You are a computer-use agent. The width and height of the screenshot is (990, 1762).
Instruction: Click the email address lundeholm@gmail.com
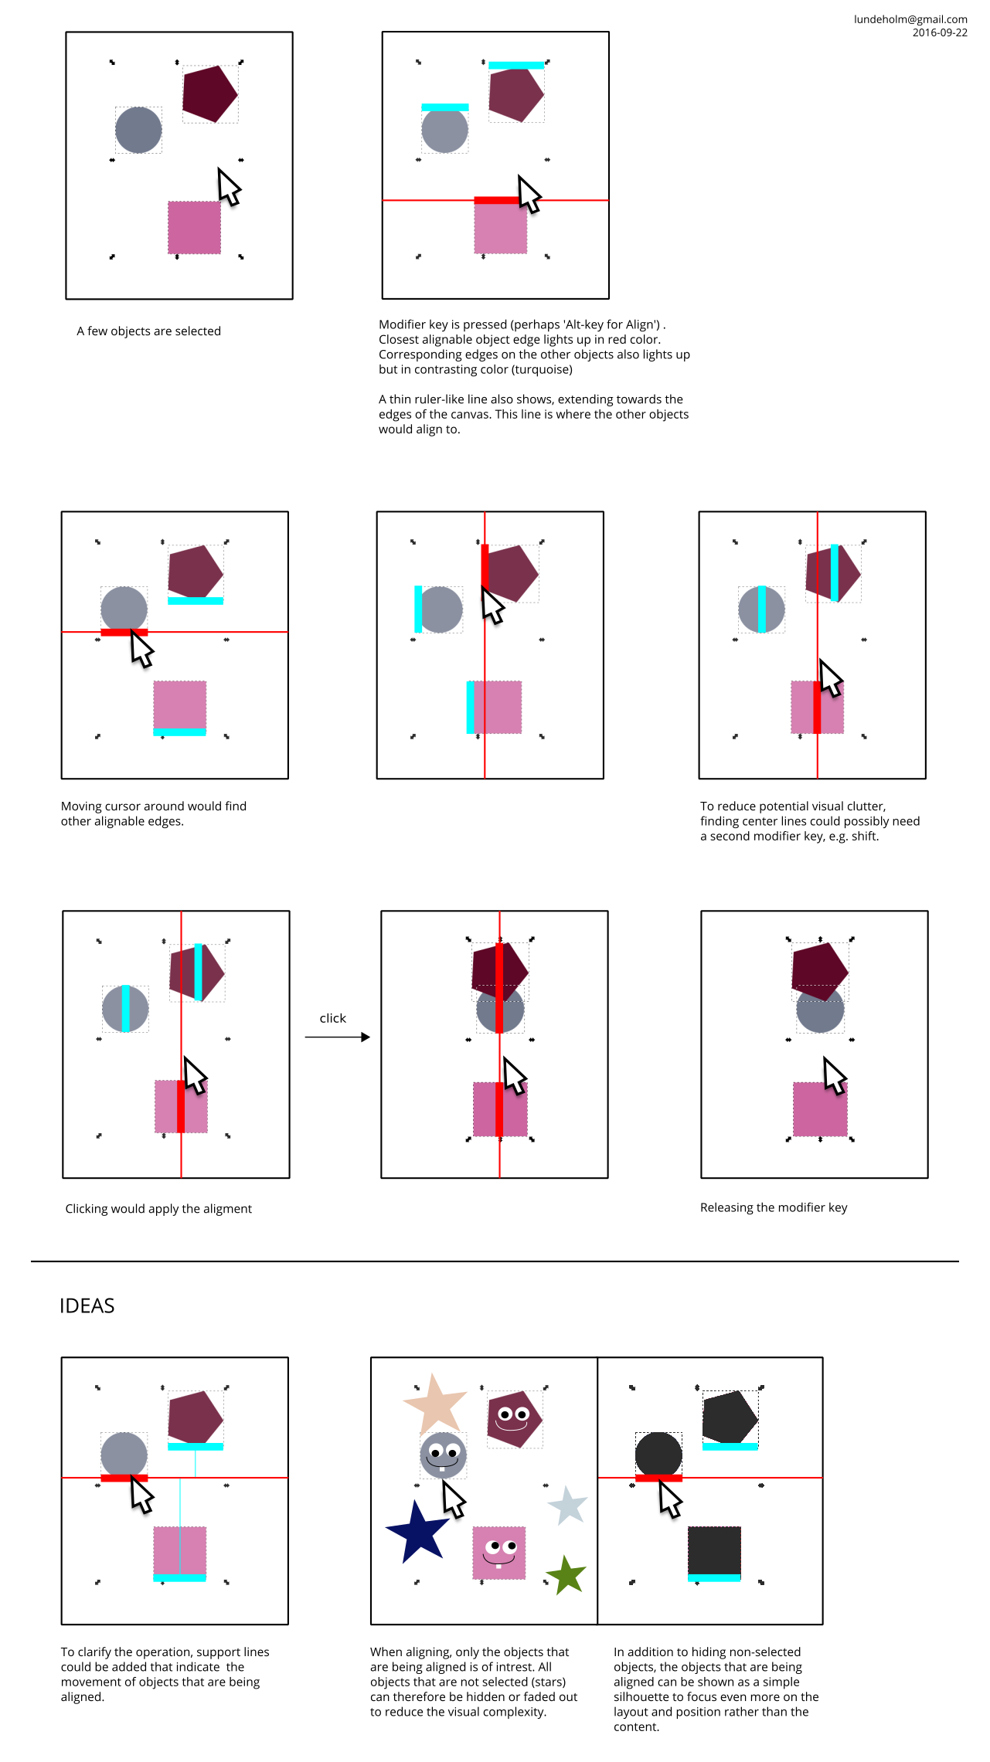(x=910, y=19)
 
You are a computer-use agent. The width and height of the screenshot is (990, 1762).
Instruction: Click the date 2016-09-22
(x=940, y=32)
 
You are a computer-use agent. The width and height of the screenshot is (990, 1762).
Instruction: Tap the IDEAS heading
(x=87, y=1305)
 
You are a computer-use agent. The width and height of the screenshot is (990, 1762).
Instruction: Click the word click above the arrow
(x=333, y=1018)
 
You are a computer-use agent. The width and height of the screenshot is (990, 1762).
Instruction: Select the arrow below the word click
(x=338, y=1037)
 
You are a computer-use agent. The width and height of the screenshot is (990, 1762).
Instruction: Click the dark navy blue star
(x=417, y=1532)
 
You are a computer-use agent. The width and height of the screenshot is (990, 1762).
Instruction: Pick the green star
(x=566, y=1574)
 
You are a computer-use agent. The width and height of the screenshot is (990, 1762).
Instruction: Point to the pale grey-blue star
(x=568, y=1506)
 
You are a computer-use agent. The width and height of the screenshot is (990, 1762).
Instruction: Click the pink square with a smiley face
(x=499, y=1553)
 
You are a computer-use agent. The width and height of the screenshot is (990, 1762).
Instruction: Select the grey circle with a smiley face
(x=444, y=1455)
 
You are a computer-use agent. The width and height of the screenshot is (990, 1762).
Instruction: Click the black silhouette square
(x=714, y=1551)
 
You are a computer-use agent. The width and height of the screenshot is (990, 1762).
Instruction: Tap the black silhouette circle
(x=658, y=1455)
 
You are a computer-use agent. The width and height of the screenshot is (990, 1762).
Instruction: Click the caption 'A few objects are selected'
(x=149, y=331)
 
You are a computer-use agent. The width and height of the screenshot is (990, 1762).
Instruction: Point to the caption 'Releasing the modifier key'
(x=774, y=1207)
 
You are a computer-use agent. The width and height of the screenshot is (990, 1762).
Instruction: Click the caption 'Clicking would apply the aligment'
(x=158, y=1209)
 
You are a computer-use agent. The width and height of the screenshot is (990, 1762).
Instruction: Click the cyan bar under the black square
(x=714, y=1578)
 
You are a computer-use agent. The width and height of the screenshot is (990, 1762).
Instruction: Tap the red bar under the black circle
(x=658, y=1478)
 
